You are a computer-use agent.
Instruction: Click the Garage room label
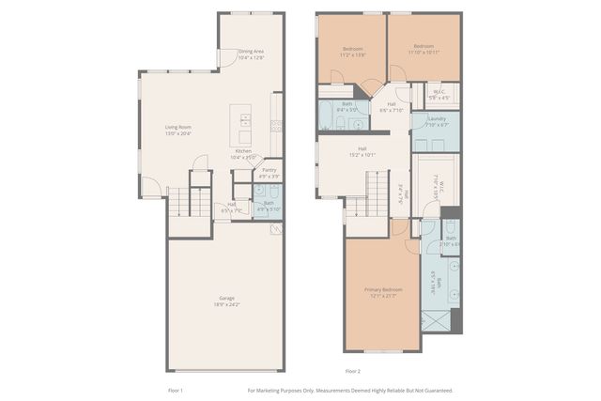click(222, 301)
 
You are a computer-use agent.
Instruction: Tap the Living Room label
click(178, 131)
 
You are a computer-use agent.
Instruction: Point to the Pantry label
click(269, 173)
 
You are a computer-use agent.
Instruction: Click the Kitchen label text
click(243, 154)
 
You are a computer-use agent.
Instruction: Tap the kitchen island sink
click(244, 119)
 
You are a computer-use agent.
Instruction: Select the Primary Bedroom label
click(383, 292)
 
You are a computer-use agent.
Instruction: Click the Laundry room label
click(436, 121)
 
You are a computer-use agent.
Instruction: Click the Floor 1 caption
click(175, 390)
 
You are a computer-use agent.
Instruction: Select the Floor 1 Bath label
click(269, 205)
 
